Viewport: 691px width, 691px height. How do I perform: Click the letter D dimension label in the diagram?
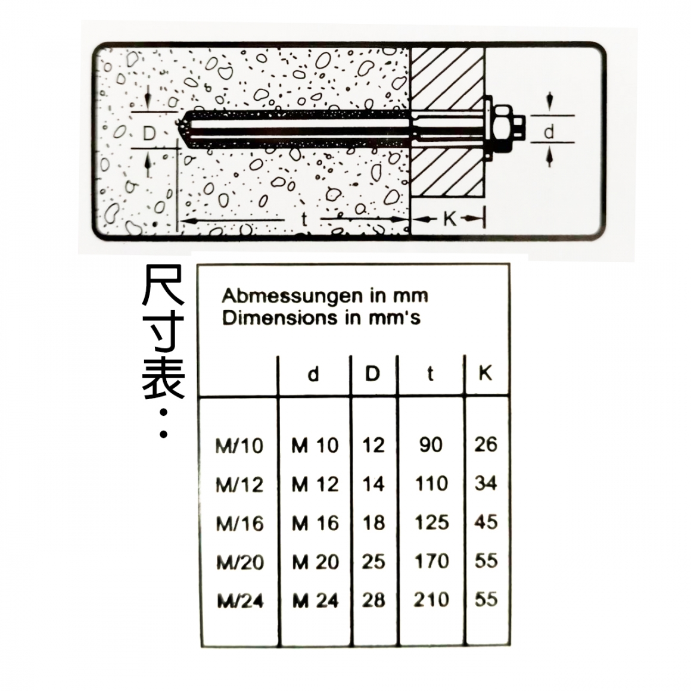pyautogui.click(x=150, y=133)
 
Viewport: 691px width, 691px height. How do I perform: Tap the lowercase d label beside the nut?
pyautogui.click(x=549, y=131)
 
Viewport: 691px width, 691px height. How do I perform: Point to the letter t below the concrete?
pyautogui.click(x=304, y=219)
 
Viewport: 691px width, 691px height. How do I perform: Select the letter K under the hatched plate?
pyautogui.click(x=450, y=218)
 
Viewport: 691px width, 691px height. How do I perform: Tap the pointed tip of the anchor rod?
pyautogui.click(x=178, y=128)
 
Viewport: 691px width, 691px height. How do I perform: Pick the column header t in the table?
pyautogui.click(x=430, y=374)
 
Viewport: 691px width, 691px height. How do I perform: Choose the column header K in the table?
pyautogui.click(x=485, y=373)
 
